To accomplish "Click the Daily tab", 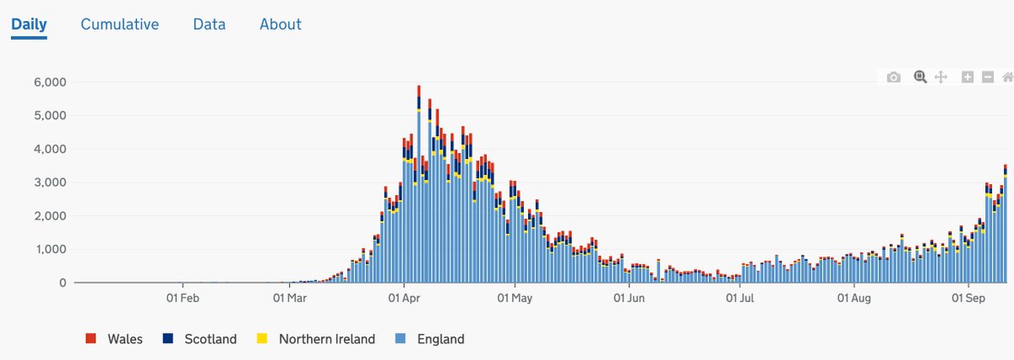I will click(x=29, y=25).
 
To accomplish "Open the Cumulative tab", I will click(x=120, y=25).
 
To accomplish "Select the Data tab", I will click(x=209, y=25).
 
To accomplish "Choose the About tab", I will click(x=281, y=25).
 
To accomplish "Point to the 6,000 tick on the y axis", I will click(x=50, y=82).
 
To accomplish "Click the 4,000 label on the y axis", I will click(x=50, y=150).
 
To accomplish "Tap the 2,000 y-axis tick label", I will click(x=50, y=216).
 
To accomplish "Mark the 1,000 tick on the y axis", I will click(x=50, y=249).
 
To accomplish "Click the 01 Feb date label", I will click(x=183, y=298).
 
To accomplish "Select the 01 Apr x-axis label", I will click(x=405, y=298).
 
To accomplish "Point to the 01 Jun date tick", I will click(x=629, y=298).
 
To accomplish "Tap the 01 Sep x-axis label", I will click(x=969, y=298).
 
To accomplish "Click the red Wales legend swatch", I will click(x=90, y=339).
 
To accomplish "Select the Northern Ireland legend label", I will click(x=326, y=339).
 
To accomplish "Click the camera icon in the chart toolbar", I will click(x=893, y=77).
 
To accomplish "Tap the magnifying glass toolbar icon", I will click(x=919, y=77).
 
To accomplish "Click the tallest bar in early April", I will click(x=418, y=186).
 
